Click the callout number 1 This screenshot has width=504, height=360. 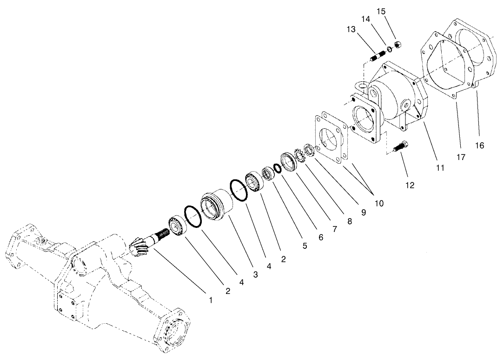click(211, 300)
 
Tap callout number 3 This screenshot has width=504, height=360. click(255, 275)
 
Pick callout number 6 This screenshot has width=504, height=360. click(320, 236)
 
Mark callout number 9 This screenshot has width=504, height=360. click(364, 212)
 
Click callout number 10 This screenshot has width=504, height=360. click(379, 203)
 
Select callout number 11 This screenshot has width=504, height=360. click(440, 167)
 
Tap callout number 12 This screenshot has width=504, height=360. click(410, 185)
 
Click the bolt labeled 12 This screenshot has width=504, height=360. click(401, 146)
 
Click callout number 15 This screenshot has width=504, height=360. click(381, 11)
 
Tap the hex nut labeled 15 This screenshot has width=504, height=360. click(398, 45)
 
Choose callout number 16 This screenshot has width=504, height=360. click(479, 146)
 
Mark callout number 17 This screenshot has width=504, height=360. click(460, 157)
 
